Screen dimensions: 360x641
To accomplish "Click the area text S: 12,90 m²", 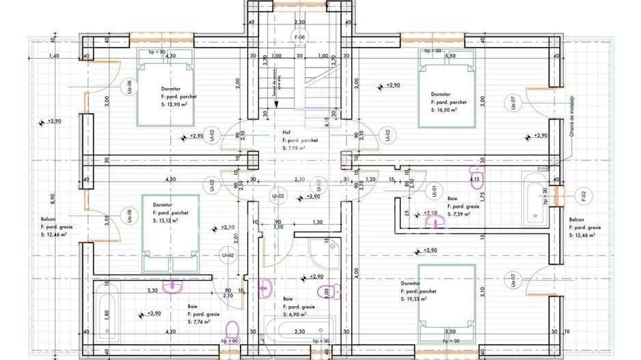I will (175, 106).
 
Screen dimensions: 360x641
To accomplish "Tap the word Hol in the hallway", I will (287, 134).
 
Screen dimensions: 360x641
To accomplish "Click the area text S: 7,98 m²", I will (294, 148).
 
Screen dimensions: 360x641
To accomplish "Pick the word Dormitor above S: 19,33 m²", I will (411, 283).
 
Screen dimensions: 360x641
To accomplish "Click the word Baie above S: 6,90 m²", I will (288, 299).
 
